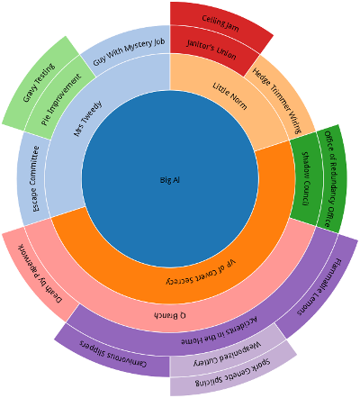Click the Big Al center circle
(170, 179)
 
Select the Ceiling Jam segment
(220, 23)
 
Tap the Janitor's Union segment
(211, 50)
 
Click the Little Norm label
(229, 96)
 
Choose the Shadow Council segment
(305, 179)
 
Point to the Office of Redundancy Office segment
(332, 179)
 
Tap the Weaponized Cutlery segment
(228, 355)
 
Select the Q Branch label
(170, 315)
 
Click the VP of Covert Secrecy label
(201, 273)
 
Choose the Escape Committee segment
(34, 179)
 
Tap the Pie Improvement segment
(61, 100)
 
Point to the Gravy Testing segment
(39, 83)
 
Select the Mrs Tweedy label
(87, 118)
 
